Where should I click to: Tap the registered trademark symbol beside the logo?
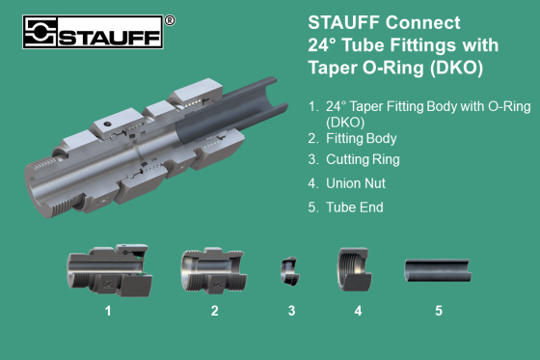point(170,19)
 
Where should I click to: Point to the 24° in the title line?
point(326,44)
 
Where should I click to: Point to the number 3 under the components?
point(291,311)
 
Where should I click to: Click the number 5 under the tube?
point(438,311)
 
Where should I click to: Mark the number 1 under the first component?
point(108,311)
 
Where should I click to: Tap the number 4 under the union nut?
point(357,311)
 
